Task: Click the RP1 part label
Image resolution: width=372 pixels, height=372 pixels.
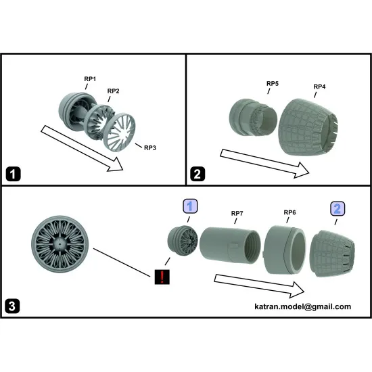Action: [90, 79]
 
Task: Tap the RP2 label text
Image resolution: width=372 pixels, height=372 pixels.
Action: [113, 91]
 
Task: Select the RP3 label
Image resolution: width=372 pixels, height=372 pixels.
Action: [150, 148]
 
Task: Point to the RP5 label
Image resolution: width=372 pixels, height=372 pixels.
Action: [273, 83]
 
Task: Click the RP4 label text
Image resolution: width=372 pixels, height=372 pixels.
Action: [319, 87]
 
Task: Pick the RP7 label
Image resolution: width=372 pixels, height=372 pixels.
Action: [237, 214]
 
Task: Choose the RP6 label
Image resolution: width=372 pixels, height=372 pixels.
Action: [289, 212]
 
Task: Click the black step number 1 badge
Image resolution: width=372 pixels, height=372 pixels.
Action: [13, 174]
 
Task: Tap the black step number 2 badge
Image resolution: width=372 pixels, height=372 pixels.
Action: [197, 174]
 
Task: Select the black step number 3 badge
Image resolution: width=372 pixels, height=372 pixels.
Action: [12, 306]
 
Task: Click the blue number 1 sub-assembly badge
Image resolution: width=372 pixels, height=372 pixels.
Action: [190, 206]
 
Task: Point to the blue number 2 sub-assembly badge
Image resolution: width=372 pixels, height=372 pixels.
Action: [338, 209]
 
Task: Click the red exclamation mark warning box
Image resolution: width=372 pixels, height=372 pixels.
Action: [162, 277]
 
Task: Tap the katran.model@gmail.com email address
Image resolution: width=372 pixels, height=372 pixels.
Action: [302, 306]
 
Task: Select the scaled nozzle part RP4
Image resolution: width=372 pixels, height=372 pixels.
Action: [308, 127]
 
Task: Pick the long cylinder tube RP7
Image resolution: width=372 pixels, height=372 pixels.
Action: [230, 245]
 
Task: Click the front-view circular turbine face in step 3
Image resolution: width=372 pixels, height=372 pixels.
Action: [60, 244]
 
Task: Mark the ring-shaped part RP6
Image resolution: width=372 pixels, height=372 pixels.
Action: [285, 250]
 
